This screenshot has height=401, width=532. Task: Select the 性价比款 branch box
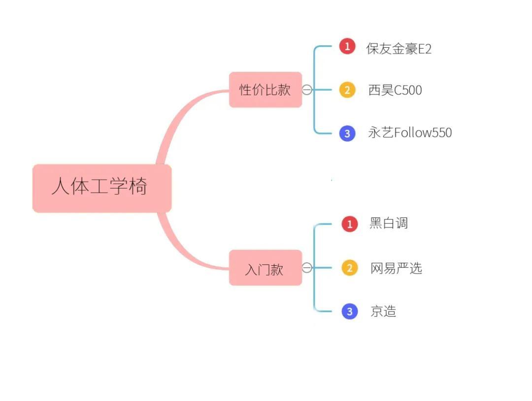click(265, 90)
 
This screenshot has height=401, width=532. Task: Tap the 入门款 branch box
click(265, 268)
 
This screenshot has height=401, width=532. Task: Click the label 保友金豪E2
click(399, 48)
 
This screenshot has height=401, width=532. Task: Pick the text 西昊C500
click(395, 90)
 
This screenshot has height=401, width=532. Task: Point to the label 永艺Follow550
click(410, 132)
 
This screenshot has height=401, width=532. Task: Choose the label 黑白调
click(389, 223)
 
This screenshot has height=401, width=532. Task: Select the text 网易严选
click(396, 268)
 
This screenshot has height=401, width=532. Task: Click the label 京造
click(383, 311)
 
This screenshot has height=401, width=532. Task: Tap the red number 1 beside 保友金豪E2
click(347, 47)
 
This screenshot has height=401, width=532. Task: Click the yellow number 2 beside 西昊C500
click(347, 90)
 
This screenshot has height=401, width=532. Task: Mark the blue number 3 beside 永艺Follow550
click(347, 133)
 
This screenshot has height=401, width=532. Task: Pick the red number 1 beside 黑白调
click(350, 224)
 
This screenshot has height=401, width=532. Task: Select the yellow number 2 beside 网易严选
click(350, 268)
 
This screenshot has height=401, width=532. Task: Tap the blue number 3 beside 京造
click(350, 311)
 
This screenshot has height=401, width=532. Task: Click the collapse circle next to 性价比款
click(307, 90)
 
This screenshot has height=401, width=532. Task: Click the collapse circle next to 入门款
click(307, 268)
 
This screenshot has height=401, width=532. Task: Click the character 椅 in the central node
click(138, 187)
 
